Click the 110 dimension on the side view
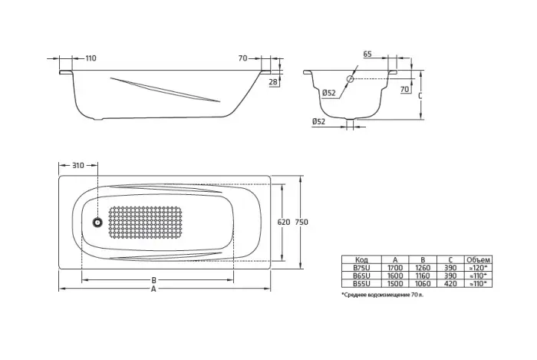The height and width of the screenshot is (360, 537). click(91, 58)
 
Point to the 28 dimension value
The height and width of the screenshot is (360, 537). click(274, 82)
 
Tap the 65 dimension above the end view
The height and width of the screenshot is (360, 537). click(368, 55)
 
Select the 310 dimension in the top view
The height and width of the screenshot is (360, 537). click(77, 166)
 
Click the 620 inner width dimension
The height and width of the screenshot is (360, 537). click(283, 223)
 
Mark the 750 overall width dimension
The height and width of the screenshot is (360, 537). click(301, 223)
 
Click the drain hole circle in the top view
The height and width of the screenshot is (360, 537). click(97, 223)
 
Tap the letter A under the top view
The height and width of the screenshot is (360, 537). click(153, 290)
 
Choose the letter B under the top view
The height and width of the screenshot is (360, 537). click(153, 280)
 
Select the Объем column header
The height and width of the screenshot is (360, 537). click(479, 260)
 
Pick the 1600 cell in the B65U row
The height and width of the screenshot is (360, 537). click(394, 275)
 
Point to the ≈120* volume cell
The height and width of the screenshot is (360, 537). click(479, 268)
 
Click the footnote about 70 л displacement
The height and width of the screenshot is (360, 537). click(382, 293)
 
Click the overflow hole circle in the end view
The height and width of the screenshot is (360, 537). click(351, 78)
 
